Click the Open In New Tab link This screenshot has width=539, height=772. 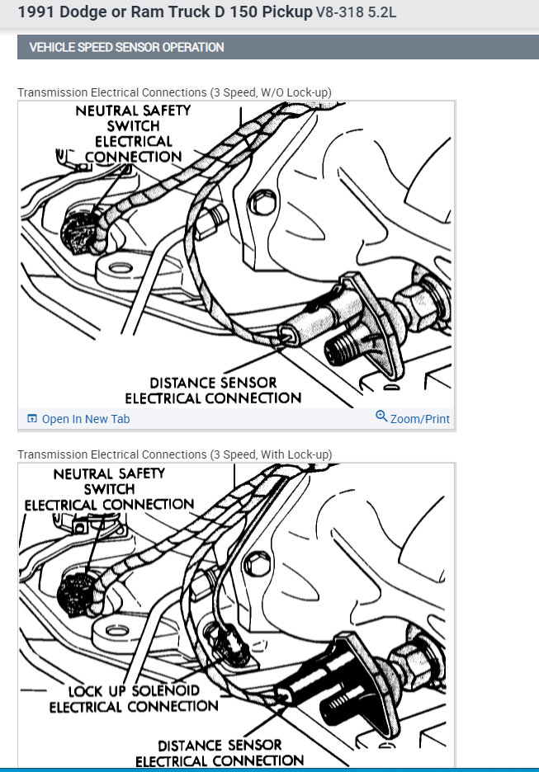[x=85, y=419]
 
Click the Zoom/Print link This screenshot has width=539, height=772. [x=419, y=419]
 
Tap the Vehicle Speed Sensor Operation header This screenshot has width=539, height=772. [x=126, y=47]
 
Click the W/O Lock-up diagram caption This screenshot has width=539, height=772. [x=174, y=92]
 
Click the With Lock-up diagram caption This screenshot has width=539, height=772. [x=174, y=454]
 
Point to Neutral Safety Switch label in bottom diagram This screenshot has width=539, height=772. [x=109, y=489]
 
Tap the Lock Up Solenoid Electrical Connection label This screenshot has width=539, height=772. [x=134, y=699]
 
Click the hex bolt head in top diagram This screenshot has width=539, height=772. [x=264, y=200]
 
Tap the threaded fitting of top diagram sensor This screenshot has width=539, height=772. [x=341, y=346]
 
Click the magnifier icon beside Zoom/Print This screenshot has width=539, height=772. [x=381, y=417]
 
